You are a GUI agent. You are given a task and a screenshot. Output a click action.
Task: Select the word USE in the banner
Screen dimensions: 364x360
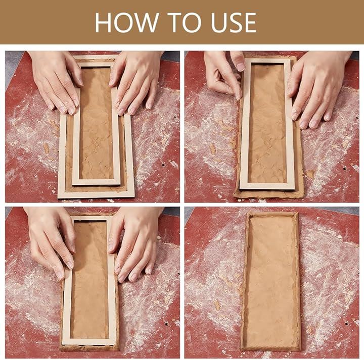click(234, 23)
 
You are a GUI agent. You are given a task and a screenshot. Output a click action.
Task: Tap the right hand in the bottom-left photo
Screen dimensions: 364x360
click(134, 243)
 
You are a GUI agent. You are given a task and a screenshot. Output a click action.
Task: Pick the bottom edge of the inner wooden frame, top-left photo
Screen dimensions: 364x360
click(97, 182)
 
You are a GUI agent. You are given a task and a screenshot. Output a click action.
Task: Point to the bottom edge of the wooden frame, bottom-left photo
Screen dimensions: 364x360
click(89, 342)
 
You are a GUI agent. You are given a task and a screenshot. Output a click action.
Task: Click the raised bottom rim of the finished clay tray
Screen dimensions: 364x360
click(271, 348)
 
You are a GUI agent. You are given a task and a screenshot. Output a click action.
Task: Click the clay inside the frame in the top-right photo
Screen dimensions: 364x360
click(267, 123)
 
